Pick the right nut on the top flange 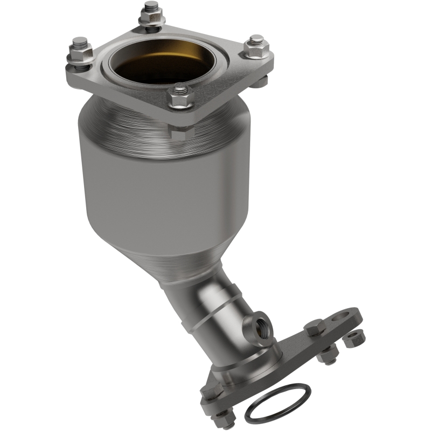(x=254, y=45)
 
